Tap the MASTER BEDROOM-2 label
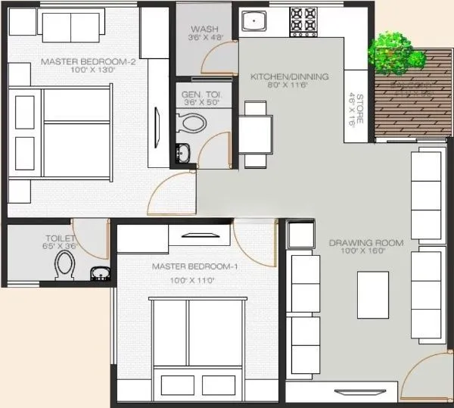88,61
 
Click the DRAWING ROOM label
365,243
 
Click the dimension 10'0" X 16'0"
365,252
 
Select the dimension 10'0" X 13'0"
88,70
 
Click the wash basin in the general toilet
182,151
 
